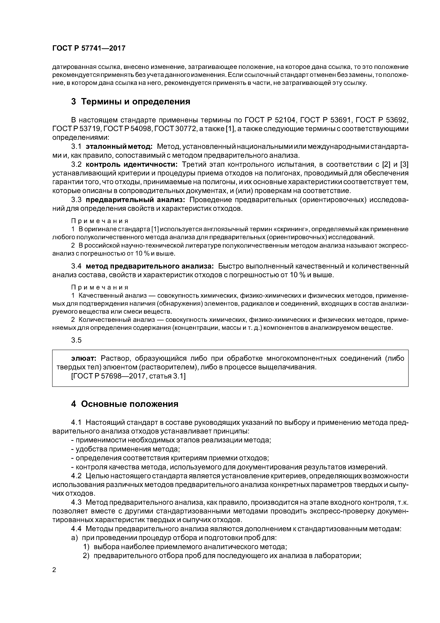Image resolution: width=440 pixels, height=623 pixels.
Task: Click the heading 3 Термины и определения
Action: (x=130, y=102)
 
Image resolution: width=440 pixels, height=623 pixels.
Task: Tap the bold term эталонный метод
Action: (x=119, y=147)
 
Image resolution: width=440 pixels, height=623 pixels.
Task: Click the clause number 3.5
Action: (x=76, y=340)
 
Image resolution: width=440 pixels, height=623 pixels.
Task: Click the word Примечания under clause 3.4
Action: (x=100, y=287)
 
